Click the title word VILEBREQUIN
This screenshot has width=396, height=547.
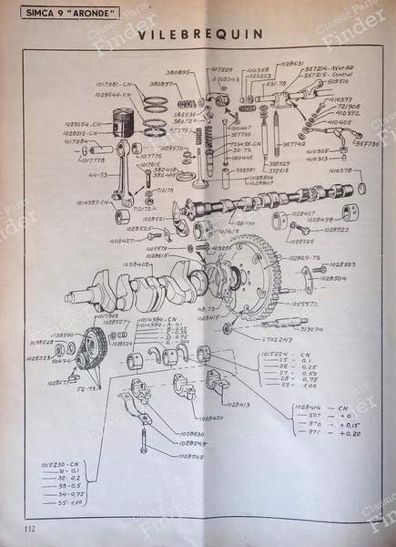tap(196, 34)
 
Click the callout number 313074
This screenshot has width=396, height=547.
tap(311, 329)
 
